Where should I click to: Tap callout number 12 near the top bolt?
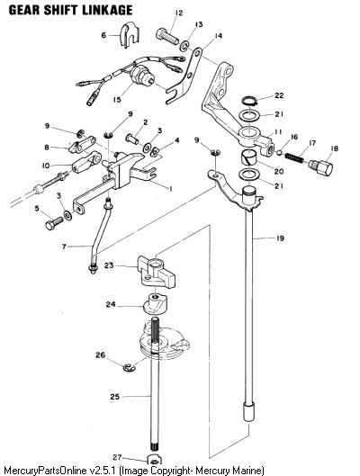tap(179, 13)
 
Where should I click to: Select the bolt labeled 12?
tap(167, 36)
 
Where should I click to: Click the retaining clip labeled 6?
tap(130, 35)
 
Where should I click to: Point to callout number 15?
tap(117, 99)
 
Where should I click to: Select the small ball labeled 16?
tap(279, 152)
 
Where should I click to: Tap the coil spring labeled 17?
tap(293, 157)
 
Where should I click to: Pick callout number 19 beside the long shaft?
tap(280, 238)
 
